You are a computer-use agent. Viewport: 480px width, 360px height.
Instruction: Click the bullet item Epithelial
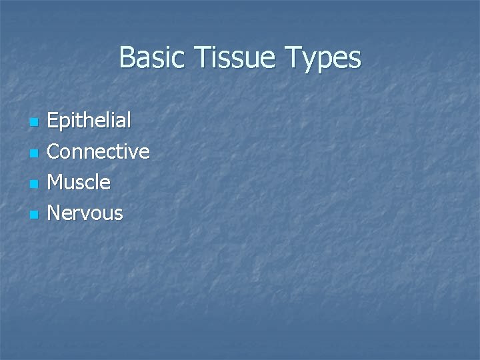[90, 121]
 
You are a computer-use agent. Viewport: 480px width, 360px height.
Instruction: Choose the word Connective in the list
[99, 151]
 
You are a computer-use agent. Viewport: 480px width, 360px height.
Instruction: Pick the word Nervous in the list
[85, 213]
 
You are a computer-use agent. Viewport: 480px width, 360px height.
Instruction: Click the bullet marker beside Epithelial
[32, 123]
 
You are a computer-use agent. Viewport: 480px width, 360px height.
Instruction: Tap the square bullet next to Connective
[32, 153]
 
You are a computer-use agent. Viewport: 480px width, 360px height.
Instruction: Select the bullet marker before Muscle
[32, 184]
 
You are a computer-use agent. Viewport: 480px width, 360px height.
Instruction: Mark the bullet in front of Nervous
[32, 215]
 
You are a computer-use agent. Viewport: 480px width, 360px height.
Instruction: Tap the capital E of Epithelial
[53, 121]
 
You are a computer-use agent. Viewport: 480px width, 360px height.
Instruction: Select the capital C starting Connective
[55, 151]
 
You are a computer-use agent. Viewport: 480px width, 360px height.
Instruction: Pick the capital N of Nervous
[55, 213]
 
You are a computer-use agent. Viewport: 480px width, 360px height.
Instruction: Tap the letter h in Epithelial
[94, 121]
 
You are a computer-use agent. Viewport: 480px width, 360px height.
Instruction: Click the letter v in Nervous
[89, 215]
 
